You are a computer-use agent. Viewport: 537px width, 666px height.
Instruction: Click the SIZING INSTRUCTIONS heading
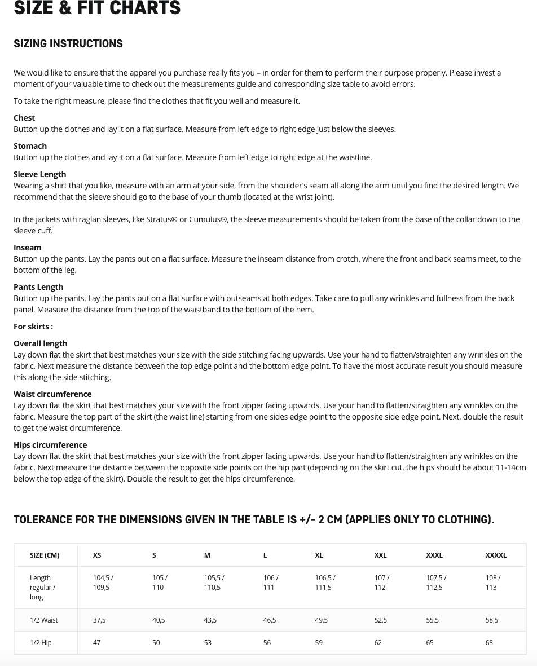coord(68,44)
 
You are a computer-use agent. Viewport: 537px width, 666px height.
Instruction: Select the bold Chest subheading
coord(24,118)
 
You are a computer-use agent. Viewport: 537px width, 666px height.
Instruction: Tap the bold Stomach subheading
coord(30,146)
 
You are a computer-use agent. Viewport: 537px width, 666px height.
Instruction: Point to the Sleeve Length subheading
coord(39,174)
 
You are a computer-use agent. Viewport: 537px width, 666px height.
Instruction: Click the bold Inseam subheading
coord(28,248)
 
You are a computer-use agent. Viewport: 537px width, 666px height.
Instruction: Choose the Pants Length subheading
coord(38,287)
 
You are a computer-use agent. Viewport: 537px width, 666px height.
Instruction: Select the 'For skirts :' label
coord(33,327)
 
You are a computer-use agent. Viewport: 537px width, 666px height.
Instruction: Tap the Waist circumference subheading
coord(52,394)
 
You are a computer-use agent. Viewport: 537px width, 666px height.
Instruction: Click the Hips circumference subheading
coord(50,445)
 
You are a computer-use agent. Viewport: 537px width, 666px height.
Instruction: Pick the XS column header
coord(97,555)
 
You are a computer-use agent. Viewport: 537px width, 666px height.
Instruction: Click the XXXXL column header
coord(496,555)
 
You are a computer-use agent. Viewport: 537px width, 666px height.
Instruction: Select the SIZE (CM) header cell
coord(45,555)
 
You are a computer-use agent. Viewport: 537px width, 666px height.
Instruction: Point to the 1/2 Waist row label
coord(44,620)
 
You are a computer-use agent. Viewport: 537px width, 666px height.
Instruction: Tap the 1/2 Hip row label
coord(41,643)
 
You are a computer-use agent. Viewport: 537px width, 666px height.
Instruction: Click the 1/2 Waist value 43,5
coord(210,620)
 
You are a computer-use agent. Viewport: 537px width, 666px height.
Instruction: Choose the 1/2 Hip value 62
coord(378,643)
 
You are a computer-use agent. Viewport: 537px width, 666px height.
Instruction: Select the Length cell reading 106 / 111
coord(271,583)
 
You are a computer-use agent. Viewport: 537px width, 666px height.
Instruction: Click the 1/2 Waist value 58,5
coord(492,620)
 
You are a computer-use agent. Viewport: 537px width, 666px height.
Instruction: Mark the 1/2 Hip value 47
coord(96,643)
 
